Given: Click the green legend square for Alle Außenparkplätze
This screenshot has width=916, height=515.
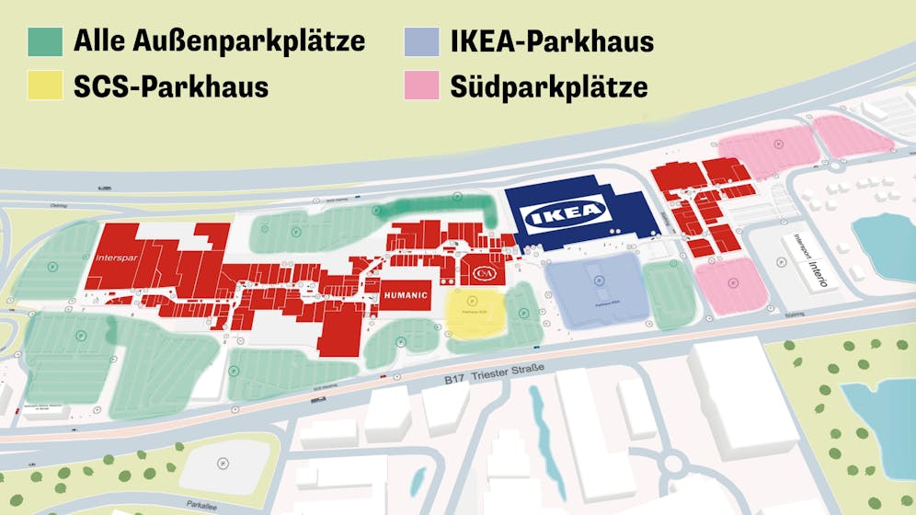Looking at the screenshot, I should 45,41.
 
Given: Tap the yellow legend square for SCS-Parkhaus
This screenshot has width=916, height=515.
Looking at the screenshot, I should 45,86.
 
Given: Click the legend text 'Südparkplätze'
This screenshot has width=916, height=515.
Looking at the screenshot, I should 549,87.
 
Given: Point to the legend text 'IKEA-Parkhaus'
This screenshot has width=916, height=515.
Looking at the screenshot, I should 552,41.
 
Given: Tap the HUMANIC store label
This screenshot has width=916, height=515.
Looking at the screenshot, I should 405,295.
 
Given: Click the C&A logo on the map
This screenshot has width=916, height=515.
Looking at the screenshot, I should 484,273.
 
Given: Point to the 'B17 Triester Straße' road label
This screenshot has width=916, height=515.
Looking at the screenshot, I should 495,374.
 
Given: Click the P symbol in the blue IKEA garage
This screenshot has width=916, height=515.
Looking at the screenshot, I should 598,280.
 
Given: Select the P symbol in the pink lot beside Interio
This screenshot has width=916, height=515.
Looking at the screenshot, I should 733,285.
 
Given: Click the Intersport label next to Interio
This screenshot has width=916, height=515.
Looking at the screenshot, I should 798,258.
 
